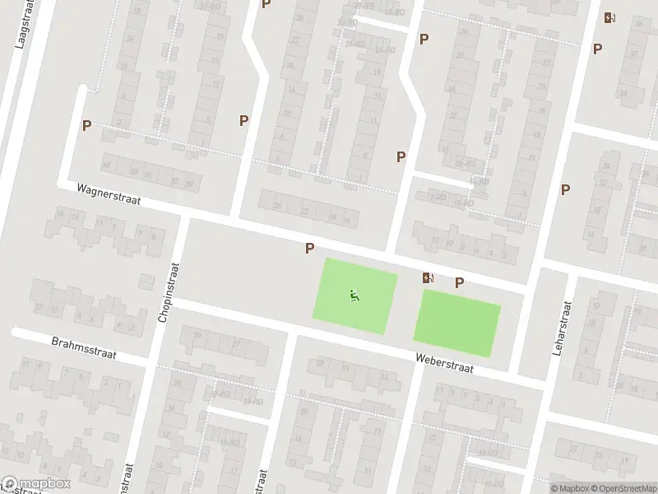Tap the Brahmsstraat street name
84,347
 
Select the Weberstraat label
445,362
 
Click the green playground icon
354,295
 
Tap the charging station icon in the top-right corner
609,17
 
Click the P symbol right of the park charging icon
460,282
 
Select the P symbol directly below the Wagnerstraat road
310,248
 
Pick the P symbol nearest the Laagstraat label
86,125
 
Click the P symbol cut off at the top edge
266,4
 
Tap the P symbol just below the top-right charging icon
598,49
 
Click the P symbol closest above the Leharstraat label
565,189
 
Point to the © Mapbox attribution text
568,488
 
